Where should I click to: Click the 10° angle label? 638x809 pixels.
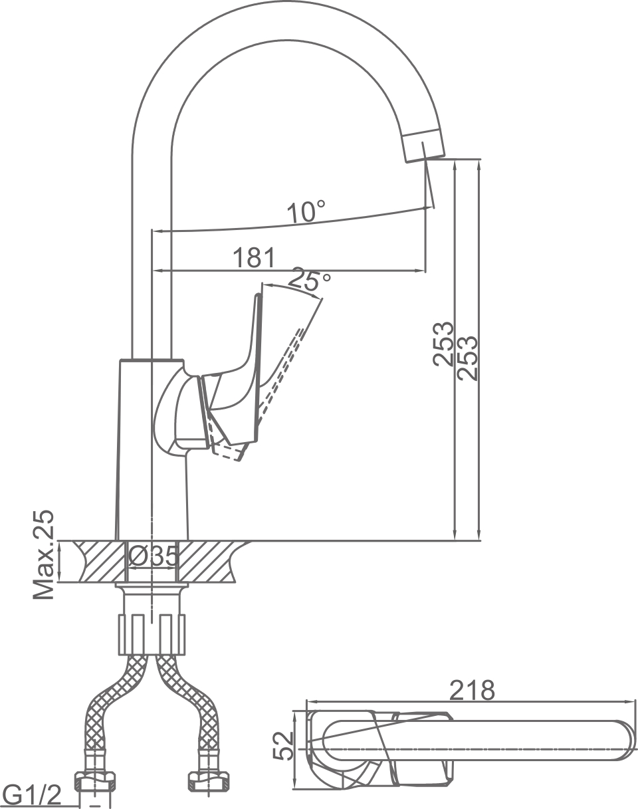coord(306,212)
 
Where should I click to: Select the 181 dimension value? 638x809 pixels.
coord(253,257)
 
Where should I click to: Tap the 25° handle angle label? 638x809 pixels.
coord(310,280)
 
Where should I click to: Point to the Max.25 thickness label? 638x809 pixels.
coord(45,555)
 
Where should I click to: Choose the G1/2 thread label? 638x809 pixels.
coord(32,793)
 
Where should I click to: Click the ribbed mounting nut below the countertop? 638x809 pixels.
coord(152,634)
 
